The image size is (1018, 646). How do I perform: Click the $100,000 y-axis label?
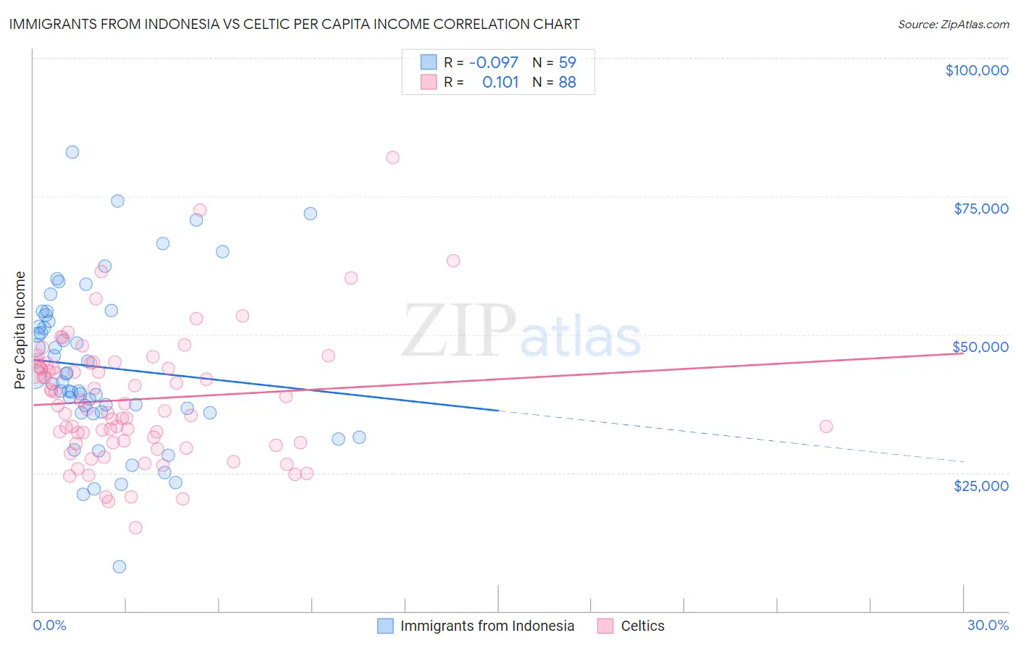(976, 70)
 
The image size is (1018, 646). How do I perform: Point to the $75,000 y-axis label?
(980, 209)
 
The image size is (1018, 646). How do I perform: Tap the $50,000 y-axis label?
(980, 347)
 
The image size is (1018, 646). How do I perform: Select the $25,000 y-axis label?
(980, 486)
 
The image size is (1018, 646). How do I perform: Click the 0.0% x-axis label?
(49, 625)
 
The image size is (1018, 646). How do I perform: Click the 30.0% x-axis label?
(988, 625)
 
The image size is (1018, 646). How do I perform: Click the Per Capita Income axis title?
(20, 330)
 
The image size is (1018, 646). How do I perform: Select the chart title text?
(294, 24)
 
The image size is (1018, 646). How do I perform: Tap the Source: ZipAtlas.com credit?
(953, 25)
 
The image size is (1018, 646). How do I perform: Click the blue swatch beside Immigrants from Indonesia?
(385, 626)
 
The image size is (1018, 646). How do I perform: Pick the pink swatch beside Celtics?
(605, 626)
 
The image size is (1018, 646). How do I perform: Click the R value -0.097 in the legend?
(493, 62)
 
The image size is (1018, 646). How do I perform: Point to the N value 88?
(567, 83)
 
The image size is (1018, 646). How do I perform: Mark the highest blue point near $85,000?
(72, 152)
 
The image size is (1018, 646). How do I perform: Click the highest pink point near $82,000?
(392, 158)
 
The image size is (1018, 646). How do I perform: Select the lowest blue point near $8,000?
(119, 566)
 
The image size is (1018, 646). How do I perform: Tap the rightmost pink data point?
(826, 427)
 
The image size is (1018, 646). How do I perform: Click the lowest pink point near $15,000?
(135, 528)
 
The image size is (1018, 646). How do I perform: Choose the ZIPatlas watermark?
(521, 331)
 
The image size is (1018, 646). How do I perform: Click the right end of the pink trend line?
(963, 353)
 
